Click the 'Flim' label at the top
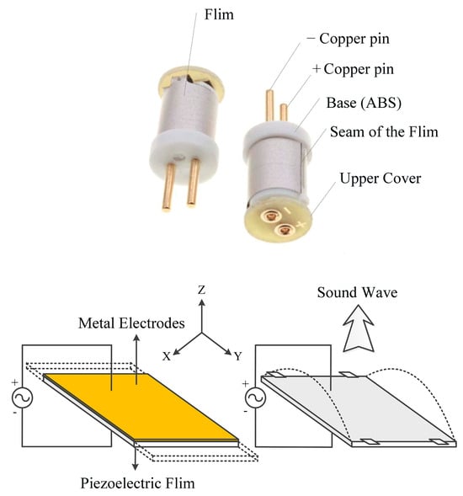219,14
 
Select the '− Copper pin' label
348,39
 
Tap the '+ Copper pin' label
353,69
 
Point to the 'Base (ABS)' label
364,103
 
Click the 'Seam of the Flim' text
384,131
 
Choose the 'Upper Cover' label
381,179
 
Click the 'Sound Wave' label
357,292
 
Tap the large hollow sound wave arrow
359,328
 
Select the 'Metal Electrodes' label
131,323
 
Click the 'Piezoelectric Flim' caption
137,483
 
